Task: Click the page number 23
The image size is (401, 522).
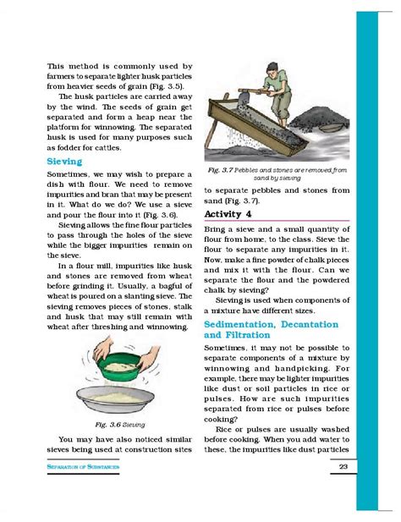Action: pyautogui.click(x=343, y=468)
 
